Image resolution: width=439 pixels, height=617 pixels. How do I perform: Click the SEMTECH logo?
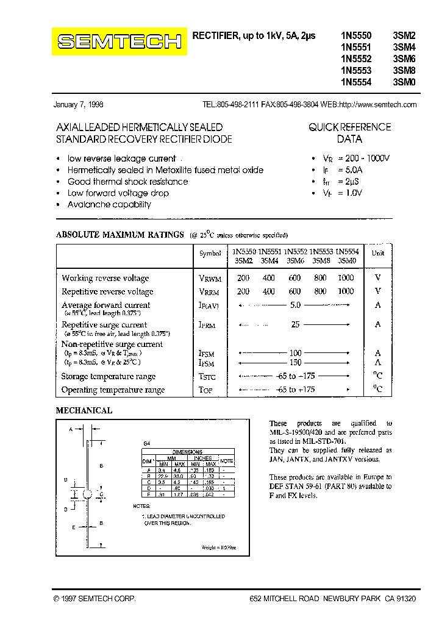tap(120, 41)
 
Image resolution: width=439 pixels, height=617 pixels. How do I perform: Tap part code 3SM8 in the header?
tap(404, 71)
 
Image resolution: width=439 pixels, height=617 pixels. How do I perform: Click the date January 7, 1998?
tap(78, 105)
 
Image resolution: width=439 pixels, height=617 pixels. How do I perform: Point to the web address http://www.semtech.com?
tap(377, 105)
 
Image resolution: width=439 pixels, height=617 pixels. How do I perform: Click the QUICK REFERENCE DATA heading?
tap(349, 133)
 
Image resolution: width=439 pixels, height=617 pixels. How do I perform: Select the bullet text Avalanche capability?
tap(109, 205)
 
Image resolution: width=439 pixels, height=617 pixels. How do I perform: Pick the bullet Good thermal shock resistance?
tap(127, 182)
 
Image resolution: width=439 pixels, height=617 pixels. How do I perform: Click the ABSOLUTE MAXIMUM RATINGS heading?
tap(120, 235)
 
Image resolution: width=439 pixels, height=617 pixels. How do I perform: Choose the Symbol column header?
tap(210, 253)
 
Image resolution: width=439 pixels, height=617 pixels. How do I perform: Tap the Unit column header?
tap(378, 253)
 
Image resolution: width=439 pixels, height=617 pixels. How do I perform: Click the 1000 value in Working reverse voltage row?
tap(346, 277)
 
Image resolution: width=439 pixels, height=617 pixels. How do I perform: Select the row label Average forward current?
tap(105, 305)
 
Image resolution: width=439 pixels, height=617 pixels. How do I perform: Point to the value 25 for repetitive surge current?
tap(295, 325)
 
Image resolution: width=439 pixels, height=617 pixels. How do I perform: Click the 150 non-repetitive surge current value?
tap(295, 362)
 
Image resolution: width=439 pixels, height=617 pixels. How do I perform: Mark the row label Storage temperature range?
tap(108, 377)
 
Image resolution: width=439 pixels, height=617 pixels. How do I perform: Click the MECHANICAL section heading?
tap(84, 411)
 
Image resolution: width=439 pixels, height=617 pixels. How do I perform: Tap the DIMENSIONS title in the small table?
tap(187, 452)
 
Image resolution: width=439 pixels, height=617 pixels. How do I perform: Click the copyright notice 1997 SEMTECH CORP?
tap(95, 600)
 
